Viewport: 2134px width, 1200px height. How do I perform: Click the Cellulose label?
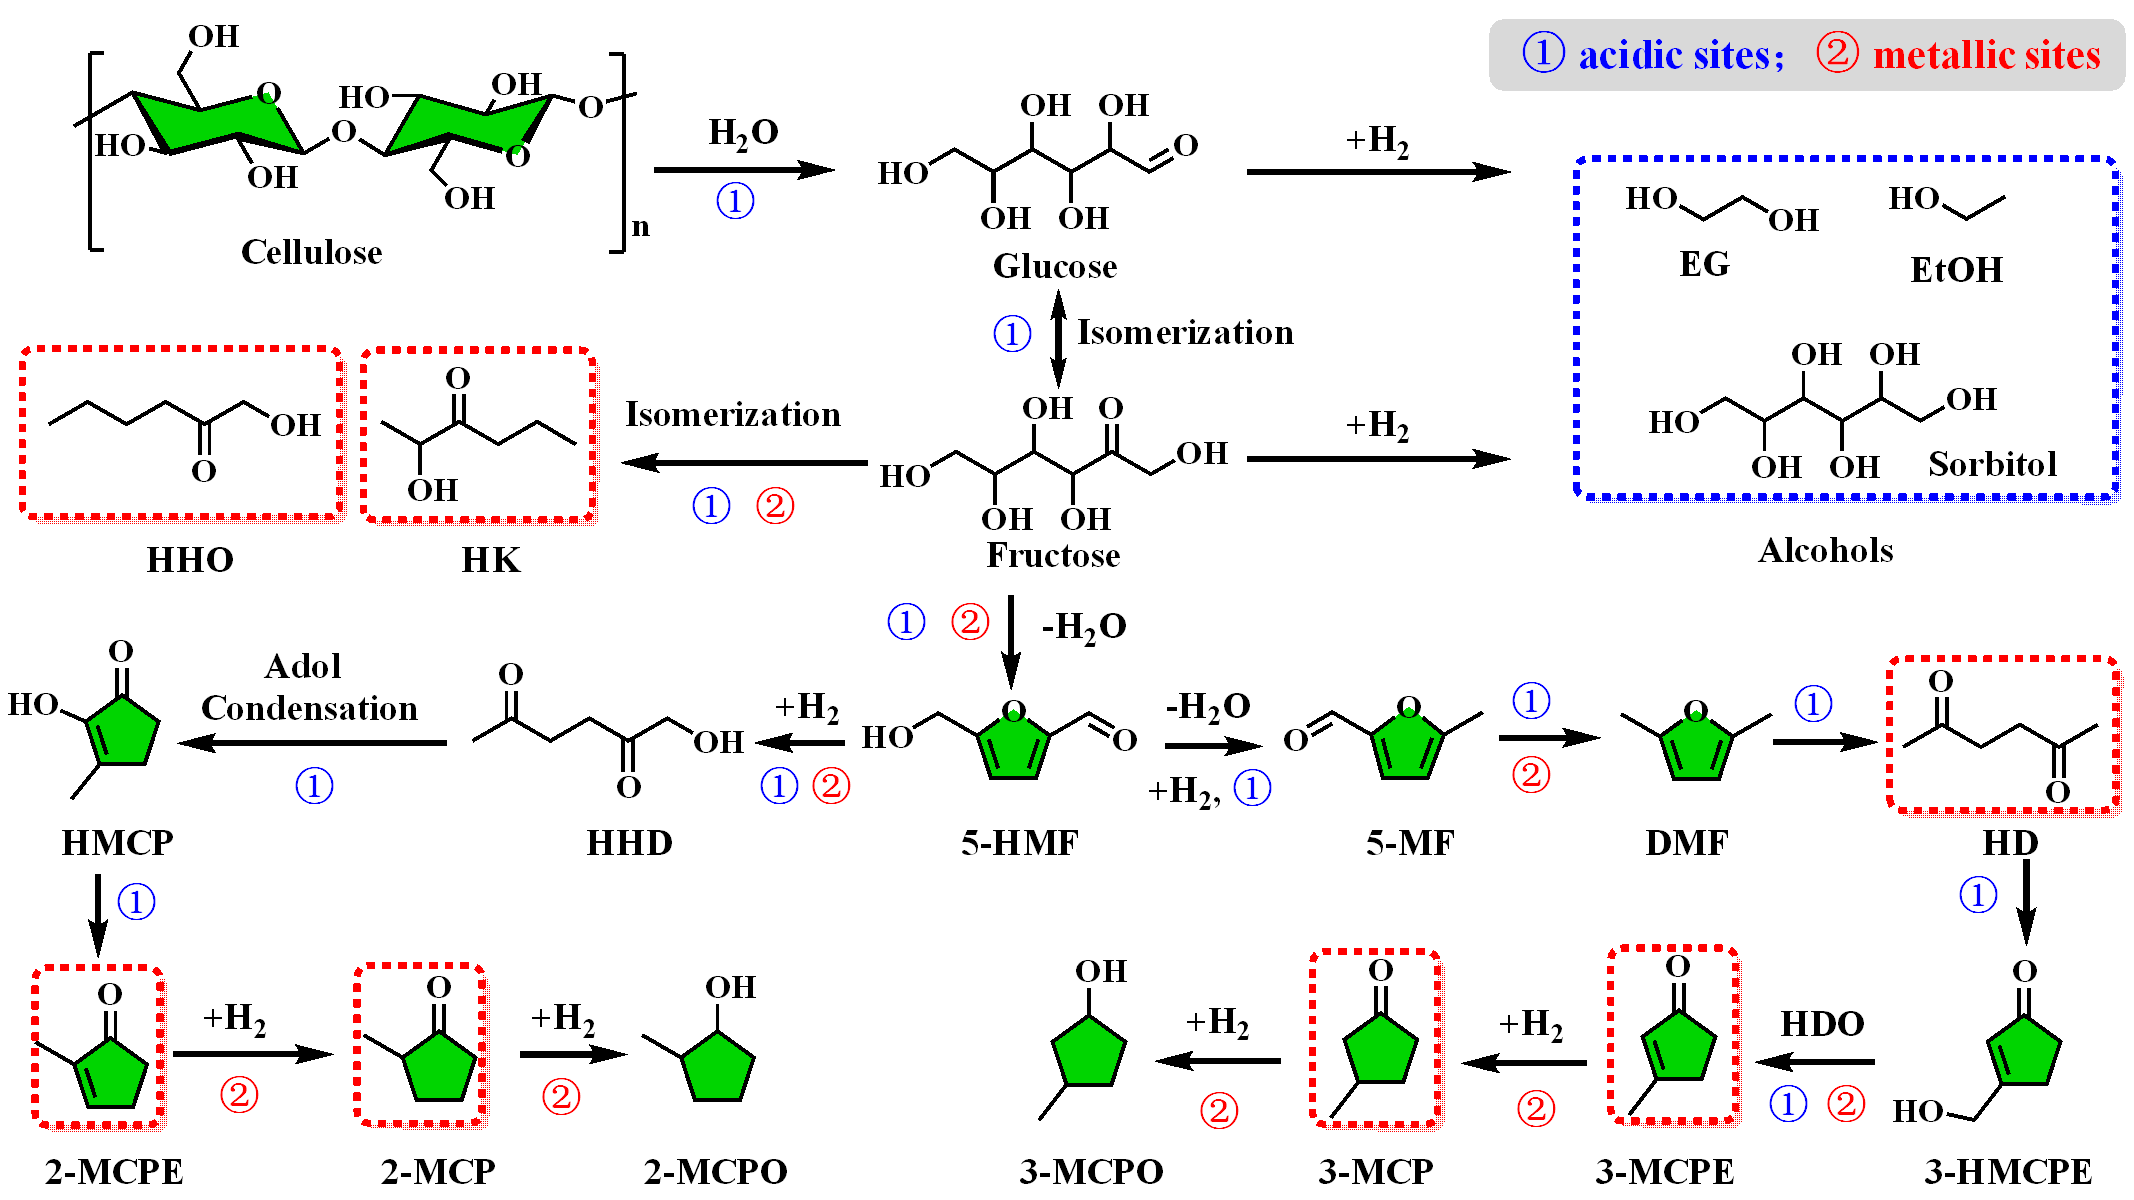coord(311,252)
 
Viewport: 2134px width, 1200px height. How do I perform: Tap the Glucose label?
coord(1055,266)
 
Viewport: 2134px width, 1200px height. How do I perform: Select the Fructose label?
coord(1053,555)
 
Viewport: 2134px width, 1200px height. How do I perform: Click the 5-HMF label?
coord(1019,843)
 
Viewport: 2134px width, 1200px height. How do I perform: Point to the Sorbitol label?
coord(1992,464)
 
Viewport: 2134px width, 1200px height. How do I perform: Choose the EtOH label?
coord(1956,270)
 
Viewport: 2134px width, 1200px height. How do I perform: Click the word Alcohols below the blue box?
coord(1825,550)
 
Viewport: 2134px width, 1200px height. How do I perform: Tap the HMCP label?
coord(117,843)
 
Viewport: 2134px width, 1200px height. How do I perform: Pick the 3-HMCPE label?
coord(2007,1171)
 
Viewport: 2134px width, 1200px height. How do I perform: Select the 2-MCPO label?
coord(715,1171)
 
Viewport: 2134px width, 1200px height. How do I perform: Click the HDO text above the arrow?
coord(1822,1024)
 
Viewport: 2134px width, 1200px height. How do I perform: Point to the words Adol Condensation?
coord(309,688)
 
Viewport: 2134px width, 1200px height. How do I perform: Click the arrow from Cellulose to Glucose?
coord(743,170)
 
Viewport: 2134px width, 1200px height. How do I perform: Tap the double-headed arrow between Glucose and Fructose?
coord(1058,338)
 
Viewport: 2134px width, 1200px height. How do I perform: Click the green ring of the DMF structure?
coord(1696,746)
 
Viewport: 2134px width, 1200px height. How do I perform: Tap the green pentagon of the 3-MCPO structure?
coord(1088,1052)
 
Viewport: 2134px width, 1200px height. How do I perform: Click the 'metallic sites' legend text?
coord(1986,55)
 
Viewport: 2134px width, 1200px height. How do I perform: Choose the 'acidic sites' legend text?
coord(1680,55)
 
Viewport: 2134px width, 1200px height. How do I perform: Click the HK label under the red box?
coord(490,560)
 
